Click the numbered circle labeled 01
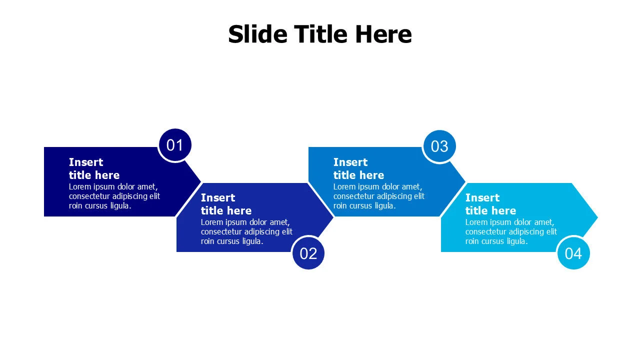tap(175, 145)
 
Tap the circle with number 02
tap(308, 253)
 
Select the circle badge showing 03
tap(439, 146)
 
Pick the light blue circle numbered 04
tap(573, 253)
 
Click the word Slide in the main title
tap(257, 34)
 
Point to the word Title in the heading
tap(321, 34)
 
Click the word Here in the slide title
tap(383, 34)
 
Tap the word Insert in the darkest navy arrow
tap(85, 162)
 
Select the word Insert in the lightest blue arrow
tap(482, 197)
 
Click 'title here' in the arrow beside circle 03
tap(358, 175)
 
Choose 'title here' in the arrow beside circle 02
tap(226, 211)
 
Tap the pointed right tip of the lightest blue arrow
tap(597, 217)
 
